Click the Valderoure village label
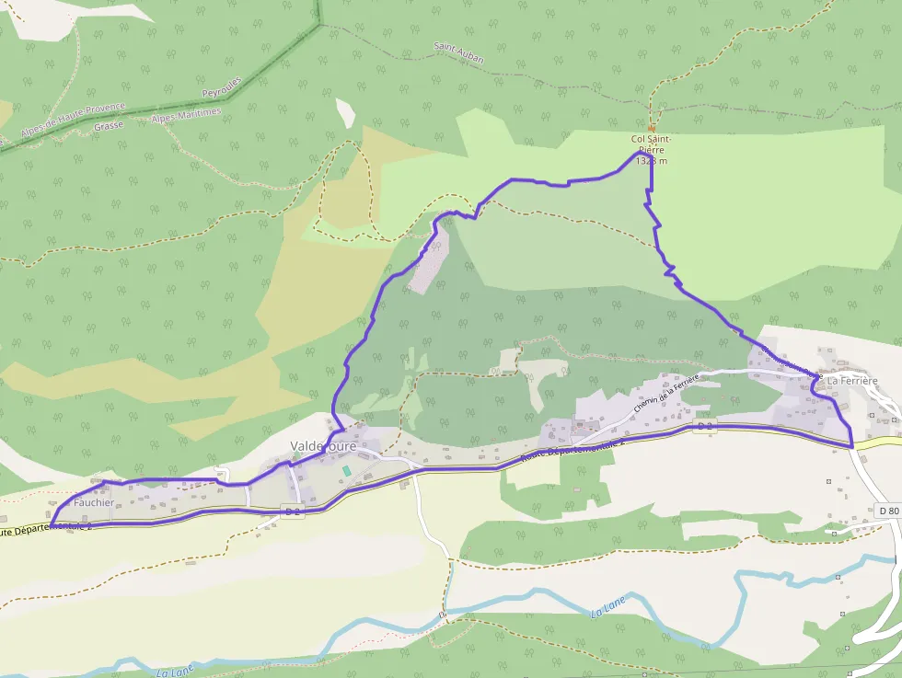[x=323, y=446]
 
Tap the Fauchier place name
[x=93, y=503]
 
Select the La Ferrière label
[x=852, y=380]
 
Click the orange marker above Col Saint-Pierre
[x=652, y=128]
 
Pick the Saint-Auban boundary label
[x=458, y=53]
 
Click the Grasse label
[x=109, y=126]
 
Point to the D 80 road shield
[x=888, y=510]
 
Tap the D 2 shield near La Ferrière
[x=705, y=427]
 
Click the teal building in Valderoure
[x=346, y=470]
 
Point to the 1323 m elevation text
[x=651, y=161]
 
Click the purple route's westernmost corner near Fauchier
[x=51, y=525]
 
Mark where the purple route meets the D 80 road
[x=852, y=446]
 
